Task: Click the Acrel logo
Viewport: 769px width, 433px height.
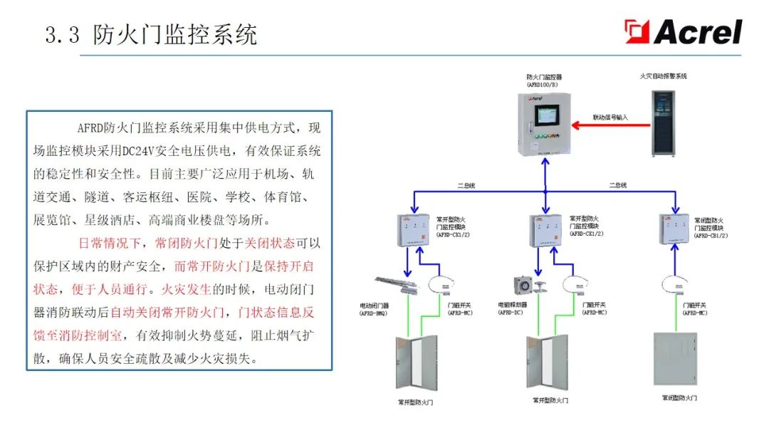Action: point(684,32)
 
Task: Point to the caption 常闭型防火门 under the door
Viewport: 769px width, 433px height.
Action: point(679,397)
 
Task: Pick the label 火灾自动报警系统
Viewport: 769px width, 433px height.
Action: point(662,75)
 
